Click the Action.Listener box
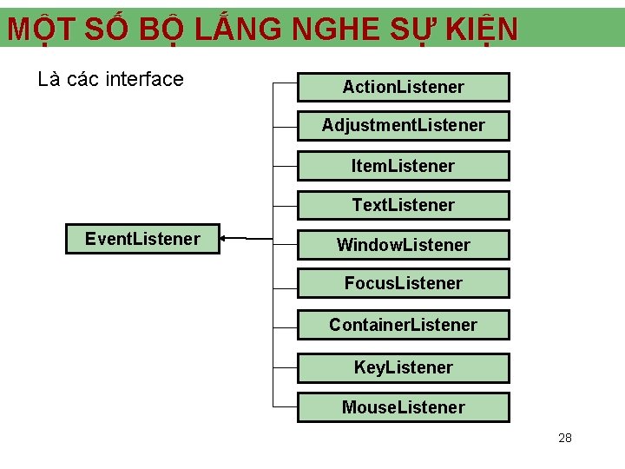(x=403, y=87)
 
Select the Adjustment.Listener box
(x=403, y=126)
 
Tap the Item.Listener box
(x=403, y=166)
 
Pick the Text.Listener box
(x=403, y=206)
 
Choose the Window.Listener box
(x=403, y=245)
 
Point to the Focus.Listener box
(x=403, y=283)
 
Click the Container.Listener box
(x=403, y=325)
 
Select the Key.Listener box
(x=403, y=367)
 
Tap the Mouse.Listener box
(x=403, y=407)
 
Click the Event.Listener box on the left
(x=142, y=239)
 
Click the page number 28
(x=565, y=438)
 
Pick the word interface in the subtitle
(x=144, y=79)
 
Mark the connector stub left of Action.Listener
(x=286, y=84)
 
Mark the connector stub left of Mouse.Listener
(x=286, y=406)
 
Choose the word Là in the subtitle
(x=49, y=79)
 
